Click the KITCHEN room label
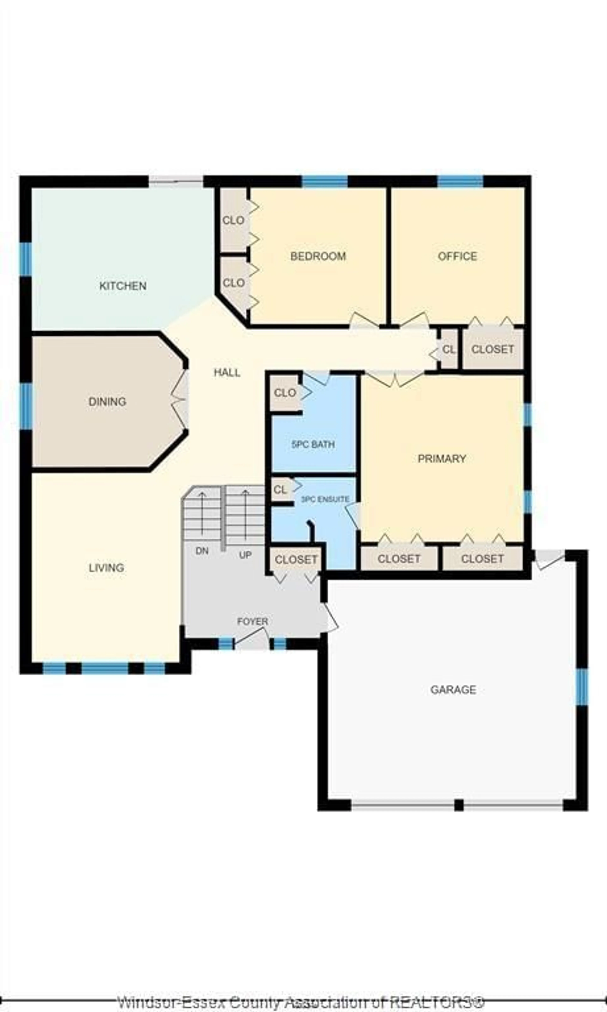pos(123,286)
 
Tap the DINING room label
pos(107,402)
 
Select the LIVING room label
pos(106,568)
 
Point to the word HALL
pos(227,372)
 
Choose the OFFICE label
pos(457,256)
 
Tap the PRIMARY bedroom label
pos(442,458)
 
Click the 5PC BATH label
pos(313,444)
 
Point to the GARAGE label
pos(453,690)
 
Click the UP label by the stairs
pos(245,555)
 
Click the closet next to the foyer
pos(296,559)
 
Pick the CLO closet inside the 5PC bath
pos(285,393)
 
